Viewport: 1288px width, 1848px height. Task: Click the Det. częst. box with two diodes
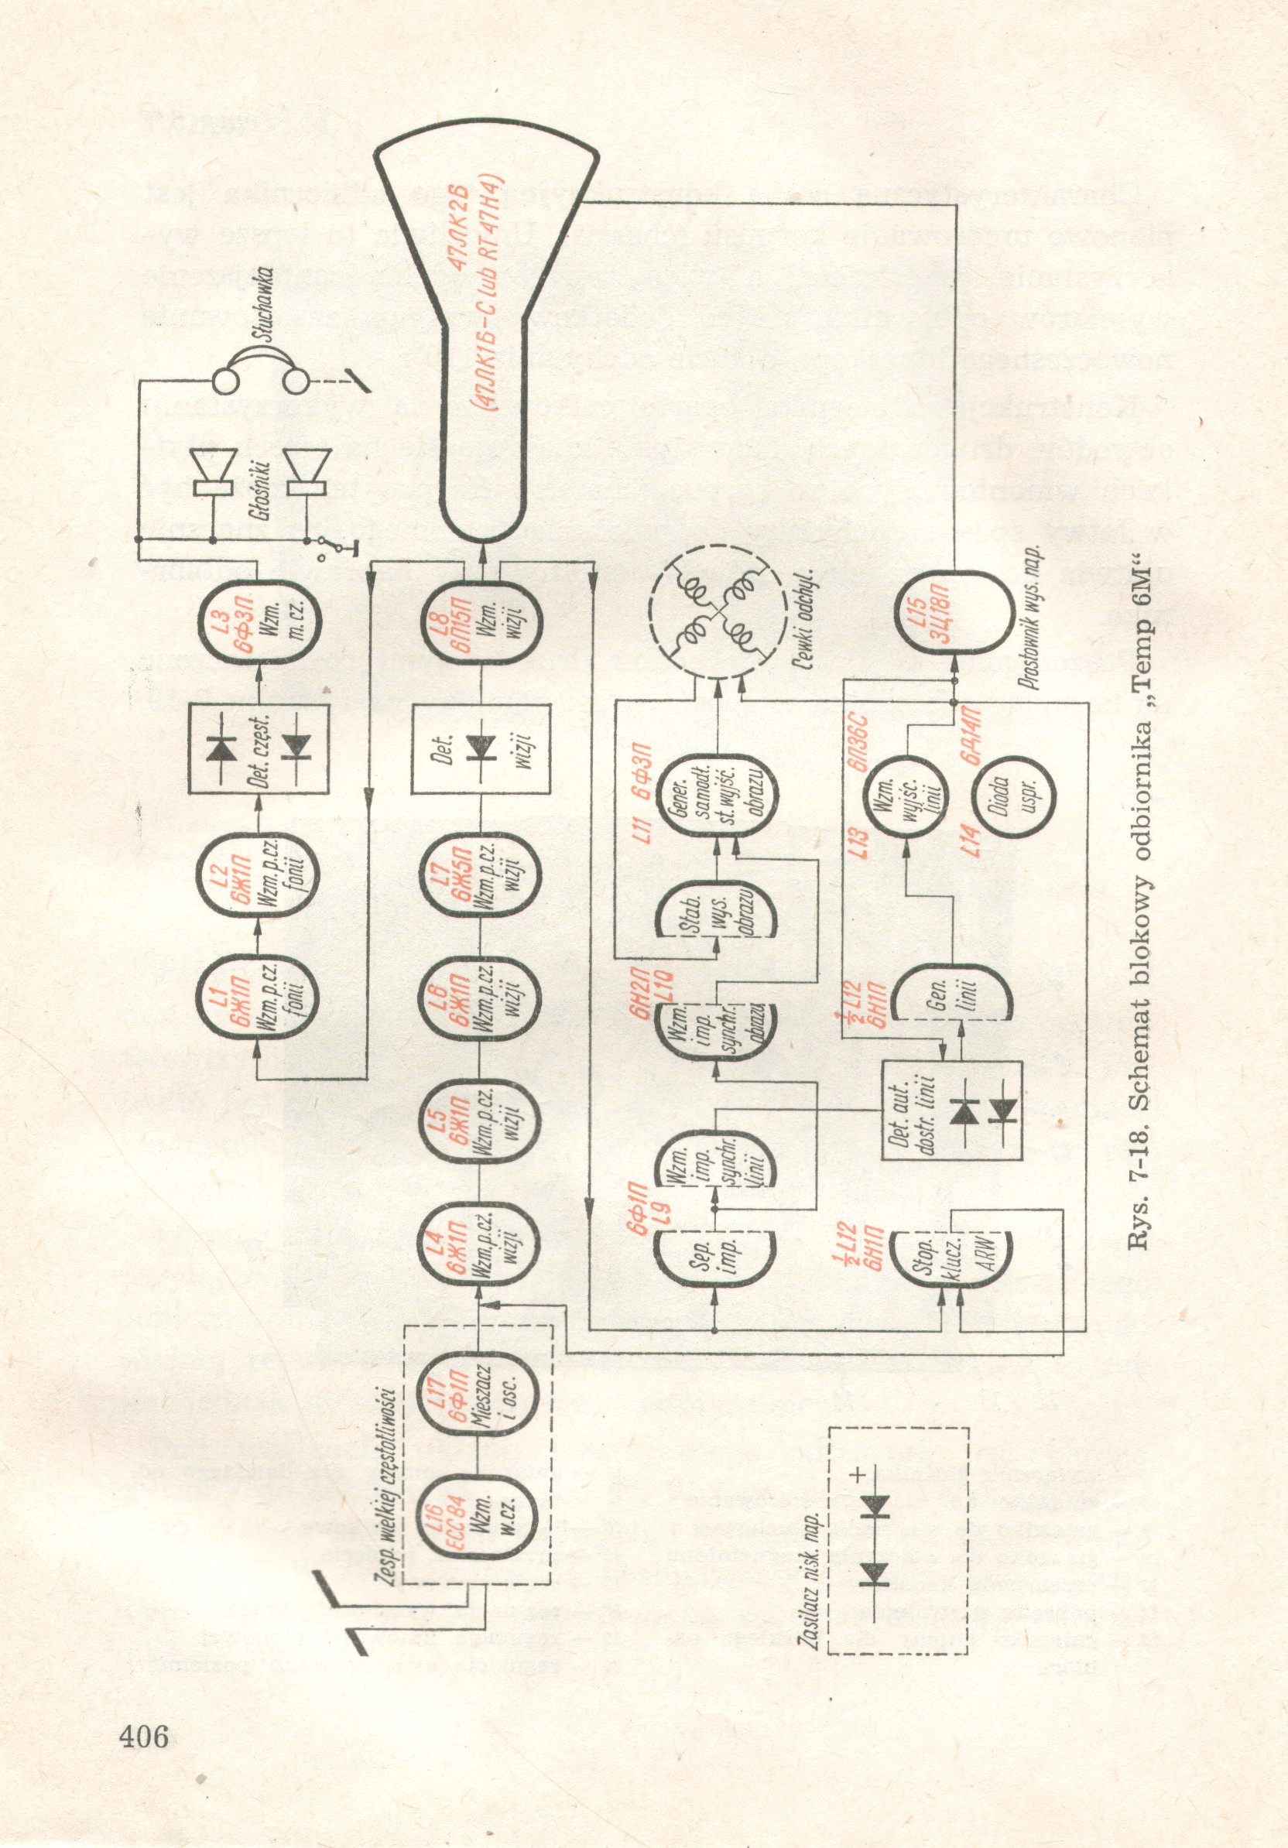tap(259, 748)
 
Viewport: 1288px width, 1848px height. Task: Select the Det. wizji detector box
tap(481, 748)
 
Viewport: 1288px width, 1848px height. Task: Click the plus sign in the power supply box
tap(858, 1474)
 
